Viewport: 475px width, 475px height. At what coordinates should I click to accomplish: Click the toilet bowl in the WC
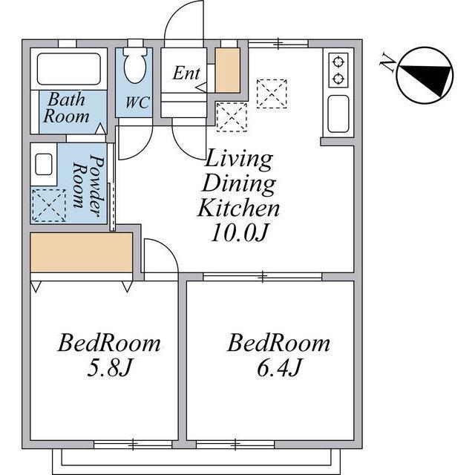click(135, 67)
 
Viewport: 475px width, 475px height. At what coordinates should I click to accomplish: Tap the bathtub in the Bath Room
click(69, 69)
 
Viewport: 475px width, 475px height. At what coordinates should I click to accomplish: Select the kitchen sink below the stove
click(338, 114)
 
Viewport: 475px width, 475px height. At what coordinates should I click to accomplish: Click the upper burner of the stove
click(338, 62)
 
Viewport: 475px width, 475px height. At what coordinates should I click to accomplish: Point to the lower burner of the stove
click(338, 79)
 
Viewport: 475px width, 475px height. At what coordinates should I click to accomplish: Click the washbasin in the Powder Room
click(44, 164)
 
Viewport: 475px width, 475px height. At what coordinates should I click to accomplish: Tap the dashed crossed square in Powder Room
click(49, 206)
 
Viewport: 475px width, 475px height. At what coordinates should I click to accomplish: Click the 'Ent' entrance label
click(186, 73)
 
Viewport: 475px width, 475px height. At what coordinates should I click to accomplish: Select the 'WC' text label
click(137, 102)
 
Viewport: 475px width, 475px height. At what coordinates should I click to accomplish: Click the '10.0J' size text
click(239, 232)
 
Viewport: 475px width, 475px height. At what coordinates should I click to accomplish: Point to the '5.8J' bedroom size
click(109, 367)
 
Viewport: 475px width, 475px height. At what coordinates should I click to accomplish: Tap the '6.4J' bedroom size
click(279, 367)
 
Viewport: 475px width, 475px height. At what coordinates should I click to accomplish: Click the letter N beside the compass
click(388, 62)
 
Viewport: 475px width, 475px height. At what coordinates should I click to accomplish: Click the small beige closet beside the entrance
click(228, 71)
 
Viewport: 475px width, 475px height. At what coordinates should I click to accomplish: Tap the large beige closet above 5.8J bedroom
click(82, 252)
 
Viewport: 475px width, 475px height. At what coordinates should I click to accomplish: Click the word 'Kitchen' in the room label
click(238, 208)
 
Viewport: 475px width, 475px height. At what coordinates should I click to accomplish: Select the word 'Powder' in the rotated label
click(96, 186)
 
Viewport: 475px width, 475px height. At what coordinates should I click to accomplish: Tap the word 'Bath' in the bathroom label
click(66, 99)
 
